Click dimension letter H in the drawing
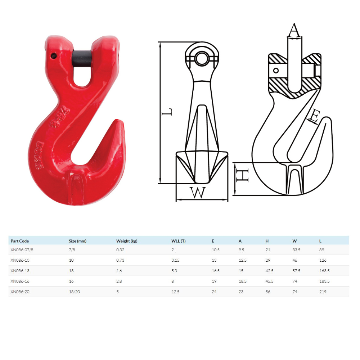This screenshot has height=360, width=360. pyautogui.click(x=243, y=175)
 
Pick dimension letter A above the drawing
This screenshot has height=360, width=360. pyautogui.click(x=294, y=30)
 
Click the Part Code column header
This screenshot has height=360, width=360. pyautogui.click(x=20, y=241)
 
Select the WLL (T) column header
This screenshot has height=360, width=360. pyautogui.click(x=178, y=241)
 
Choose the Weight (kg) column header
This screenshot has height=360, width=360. pyautogui.click(x=127, y=241)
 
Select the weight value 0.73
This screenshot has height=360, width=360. pyautogui.click(x=120, y=260)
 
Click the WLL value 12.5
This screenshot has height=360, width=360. pyautogui.click(x=175, y=292)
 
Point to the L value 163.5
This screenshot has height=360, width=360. pyautogui.click(x=324, y=271)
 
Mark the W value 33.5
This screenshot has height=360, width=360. pyautogui.click(x=297, y=250)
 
